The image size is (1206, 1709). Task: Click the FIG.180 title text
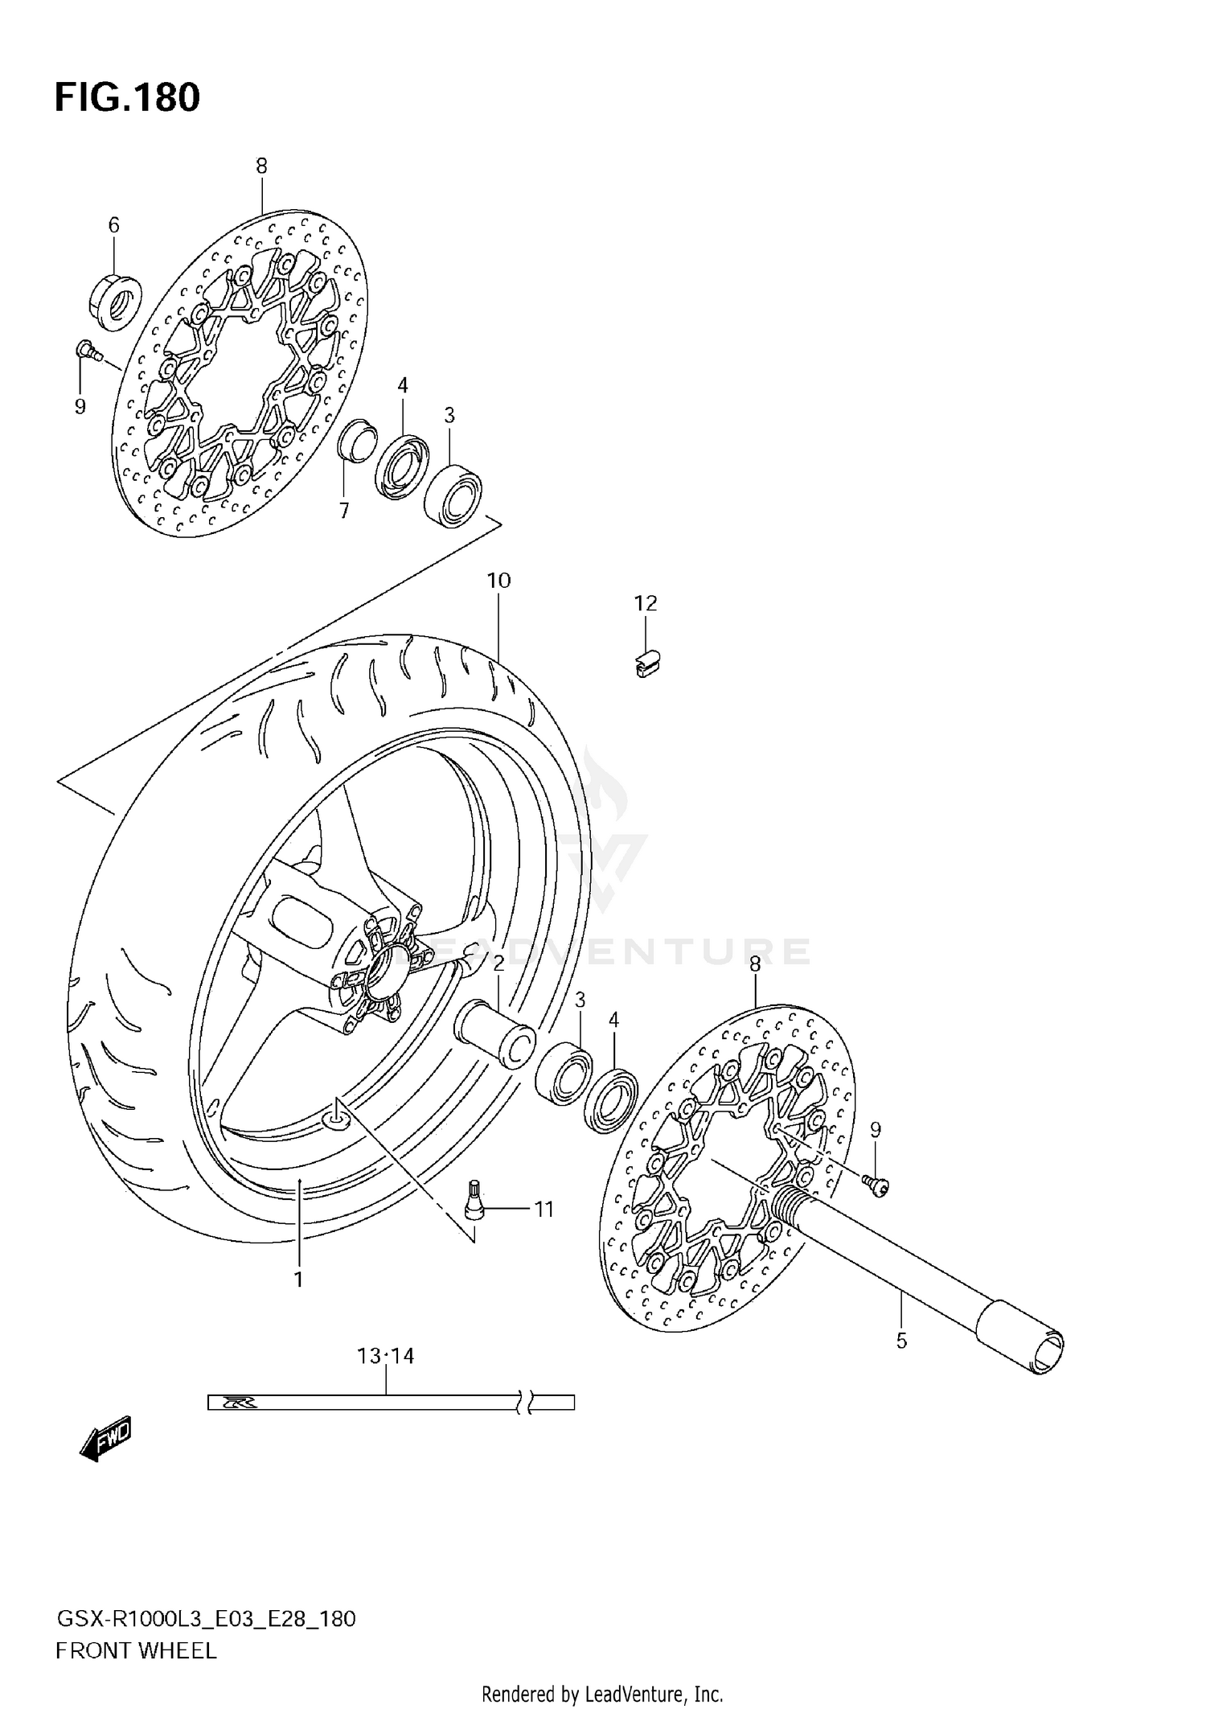(x=127, y=97)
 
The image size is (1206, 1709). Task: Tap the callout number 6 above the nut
(x=113, y=225)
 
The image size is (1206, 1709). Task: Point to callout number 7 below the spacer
(x=344, y=511)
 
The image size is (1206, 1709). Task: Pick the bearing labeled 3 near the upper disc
(x=453, y=495)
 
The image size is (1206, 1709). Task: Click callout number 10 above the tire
(x=498, y=580)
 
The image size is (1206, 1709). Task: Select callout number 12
(x=646, y=603)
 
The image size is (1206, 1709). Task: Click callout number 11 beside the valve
(x=544, y=1209)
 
